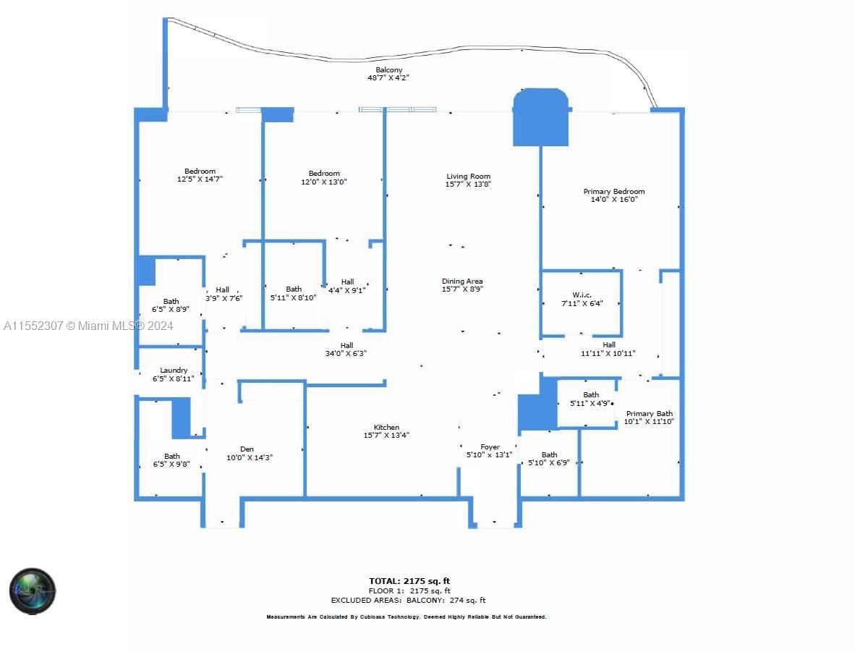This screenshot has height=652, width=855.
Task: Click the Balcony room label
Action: pos(388,70)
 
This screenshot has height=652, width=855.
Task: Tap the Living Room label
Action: pos(468,176)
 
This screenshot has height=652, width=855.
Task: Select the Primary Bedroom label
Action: pos(613,192)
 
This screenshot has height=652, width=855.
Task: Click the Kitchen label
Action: pos(386,428)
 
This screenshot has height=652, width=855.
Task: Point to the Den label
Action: pos(247,449)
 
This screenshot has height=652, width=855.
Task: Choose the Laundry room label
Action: pos(174,370)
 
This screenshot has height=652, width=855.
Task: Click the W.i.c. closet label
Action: pos(582,295)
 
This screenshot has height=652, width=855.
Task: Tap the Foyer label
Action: pos(490,447)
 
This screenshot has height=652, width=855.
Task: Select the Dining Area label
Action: pos(462,281)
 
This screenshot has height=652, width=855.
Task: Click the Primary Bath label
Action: pos(649,414)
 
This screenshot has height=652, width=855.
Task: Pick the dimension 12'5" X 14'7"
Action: pos(200,179)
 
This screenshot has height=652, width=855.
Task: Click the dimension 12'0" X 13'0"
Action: pos(324,182)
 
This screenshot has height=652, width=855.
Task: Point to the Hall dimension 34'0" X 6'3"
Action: pos(346,354)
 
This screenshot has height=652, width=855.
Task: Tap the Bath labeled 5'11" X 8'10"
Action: pos(294,293)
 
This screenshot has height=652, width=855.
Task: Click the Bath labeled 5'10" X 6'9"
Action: pos(549,459)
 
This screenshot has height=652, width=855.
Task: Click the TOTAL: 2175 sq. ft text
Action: pos(409,581)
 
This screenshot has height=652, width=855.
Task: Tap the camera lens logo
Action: pos(33,590)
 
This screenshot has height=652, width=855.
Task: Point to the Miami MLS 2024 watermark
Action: pos(88,326)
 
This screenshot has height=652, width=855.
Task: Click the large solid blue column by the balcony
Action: pos(540,117)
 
